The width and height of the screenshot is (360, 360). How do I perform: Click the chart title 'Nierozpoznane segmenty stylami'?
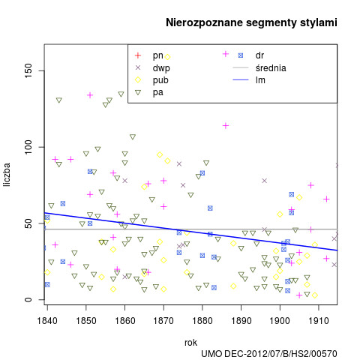click(251, 22)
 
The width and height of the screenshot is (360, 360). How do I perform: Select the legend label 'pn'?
click(157, 55)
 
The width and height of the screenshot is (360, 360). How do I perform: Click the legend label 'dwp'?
click(161, 67)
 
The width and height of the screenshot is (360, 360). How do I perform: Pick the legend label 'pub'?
click(160, 80)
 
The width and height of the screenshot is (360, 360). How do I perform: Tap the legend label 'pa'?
click(157, 92)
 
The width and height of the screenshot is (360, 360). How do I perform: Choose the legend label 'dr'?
click(259, 55)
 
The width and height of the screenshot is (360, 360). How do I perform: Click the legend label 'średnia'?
click(271, 67)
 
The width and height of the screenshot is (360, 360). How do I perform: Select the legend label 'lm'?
click(260, 80)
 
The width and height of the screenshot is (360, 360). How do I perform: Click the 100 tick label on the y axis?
click(28, 147)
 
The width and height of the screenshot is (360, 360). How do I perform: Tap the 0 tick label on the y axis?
click(28, 299)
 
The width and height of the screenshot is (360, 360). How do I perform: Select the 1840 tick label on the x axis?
click(47, 320)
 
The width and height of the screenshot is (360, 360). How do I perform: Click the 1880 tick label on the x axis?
click(202, 320)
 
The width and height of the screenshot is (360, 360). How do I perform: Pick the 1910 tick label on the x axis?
click(319, 320)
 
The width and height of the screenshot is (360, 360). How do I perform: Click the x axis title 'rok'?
click(190, 343)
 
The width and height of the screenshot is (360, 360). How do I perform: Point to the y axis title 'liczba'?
click(7, 175)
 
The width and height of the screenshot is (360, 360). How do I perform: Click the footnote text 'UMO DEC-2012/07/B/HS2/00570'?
click(269, 354)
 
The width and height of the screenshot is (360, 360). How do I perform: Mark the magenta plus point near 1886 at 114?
click(226, 125)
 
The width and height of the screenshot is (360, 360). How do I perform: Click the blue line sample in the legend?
click(241, 80)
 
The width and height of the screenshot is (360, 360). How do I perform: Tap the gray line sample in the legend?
click(241, 67)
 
